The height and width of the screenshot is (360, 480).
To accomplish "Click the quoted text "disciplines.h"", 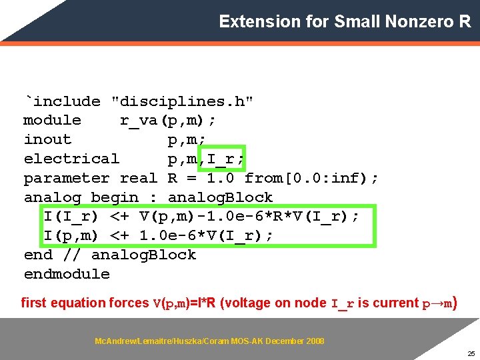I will point(182,101).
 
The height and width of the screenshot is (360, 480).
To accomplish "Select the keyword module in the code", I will point(52,121).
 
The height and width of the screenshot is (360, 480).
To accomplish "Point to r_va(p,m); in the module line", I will point(167,121).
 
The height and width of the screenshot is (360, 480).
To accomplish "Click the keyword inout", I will point(47,140).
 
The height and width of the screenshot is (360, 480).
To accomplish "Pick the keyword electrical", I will point(71,159).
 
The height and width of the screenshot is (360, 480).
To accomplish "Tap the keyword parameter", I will point(67,178).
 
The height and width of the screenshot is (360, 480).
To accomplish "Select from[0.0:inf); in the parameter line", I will point(311,178).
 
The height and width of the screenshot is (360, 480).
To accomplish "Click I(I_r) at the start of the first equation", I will point(71,217).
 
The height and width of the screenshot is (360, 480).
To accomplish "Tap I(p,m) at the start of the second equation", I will point(71,236).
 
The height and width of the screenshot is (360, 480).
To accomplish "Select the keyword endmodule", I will point(67,274).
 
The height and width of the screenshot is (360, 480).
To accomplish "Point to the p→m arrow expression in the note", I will point(438,303).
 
